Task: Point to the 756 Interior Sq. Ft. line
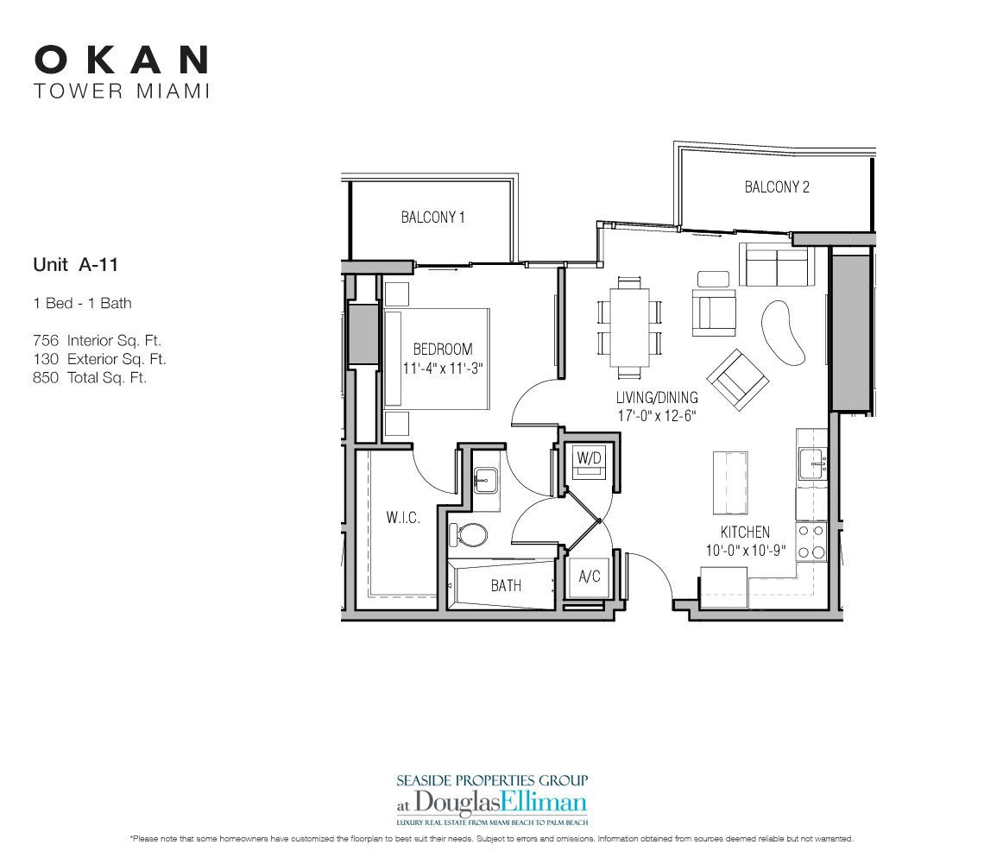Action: (x=98, y=341)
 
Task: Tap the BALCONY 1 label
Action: (x=432, y=217)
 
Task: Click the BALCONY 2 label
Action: (x=777, y=186)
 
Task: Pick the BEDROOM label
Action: (x=443, y=350)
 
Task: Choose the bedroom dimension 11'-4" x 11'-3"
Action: (x=443, y=367)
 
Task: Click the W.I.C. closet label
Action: (x=402, y=518)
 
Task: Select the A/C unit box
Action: (x=590, y=577)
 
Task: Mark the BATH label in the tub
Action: (x=506, y=585)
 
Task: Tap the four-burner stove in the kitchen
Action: (x=811, y=542)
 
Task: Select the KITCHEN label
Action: (x=745, y=533)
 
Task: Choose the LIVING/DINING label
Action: (x=657, y=399)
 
